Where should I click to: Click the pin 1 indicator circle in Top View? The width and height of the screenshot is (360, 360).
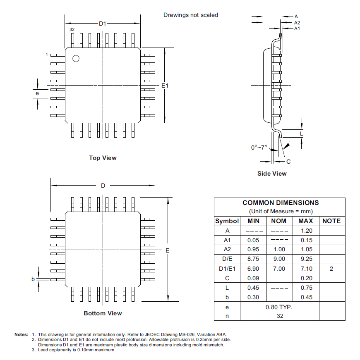tap(76, 59)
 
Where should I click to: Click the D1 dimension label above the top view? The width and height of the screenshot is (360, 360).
tap(103, 24)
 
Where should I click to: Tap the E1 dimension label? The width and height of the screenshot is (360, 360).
tap(165, 86)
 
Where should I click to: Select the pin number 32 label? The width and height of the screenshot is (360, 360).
tap(72, 30)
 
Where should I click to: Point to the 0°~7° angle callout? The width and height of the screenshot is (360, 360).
tap(259, 148)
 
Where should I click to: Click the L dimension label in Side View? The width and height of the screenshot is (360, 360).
tap(301, 134)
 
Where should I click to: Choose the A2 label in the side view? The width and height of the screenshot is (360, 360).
tap(297, 23)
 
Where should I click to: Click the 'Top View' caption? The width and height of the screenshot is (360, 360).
tap(103, 158)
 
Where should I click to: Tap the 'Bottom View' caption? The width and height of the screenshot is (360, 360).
tap(103, 313)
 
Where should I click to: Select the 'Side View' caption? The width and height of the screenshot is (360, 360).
tap(272, 174)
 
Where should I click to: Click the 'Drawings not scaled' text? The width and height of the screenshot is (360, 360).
tap(190, 15)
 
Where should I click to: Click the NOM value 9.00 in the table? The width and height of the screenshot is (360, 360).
tap(278, 259)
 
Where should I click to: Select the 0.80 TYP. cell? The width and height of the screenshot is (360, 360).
tap(279, 307)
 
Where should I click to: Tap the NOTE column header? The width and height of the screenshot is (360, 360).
tap(331, 221)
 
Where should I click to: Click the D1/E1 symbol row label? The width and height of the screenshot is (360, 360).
tap(227, 269)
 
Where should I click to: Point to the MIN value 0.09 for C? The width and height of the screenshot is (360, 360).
tap(253, 278)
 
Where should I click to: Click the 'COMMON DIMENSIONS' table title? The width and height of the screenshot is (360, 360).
tap(280, 203)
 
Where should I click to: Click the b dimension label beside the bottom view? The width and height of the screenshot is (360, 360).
tap(33, 279)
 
